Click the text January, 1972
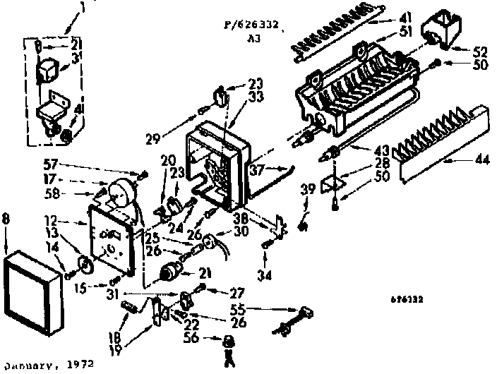[x=47, y=366]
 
